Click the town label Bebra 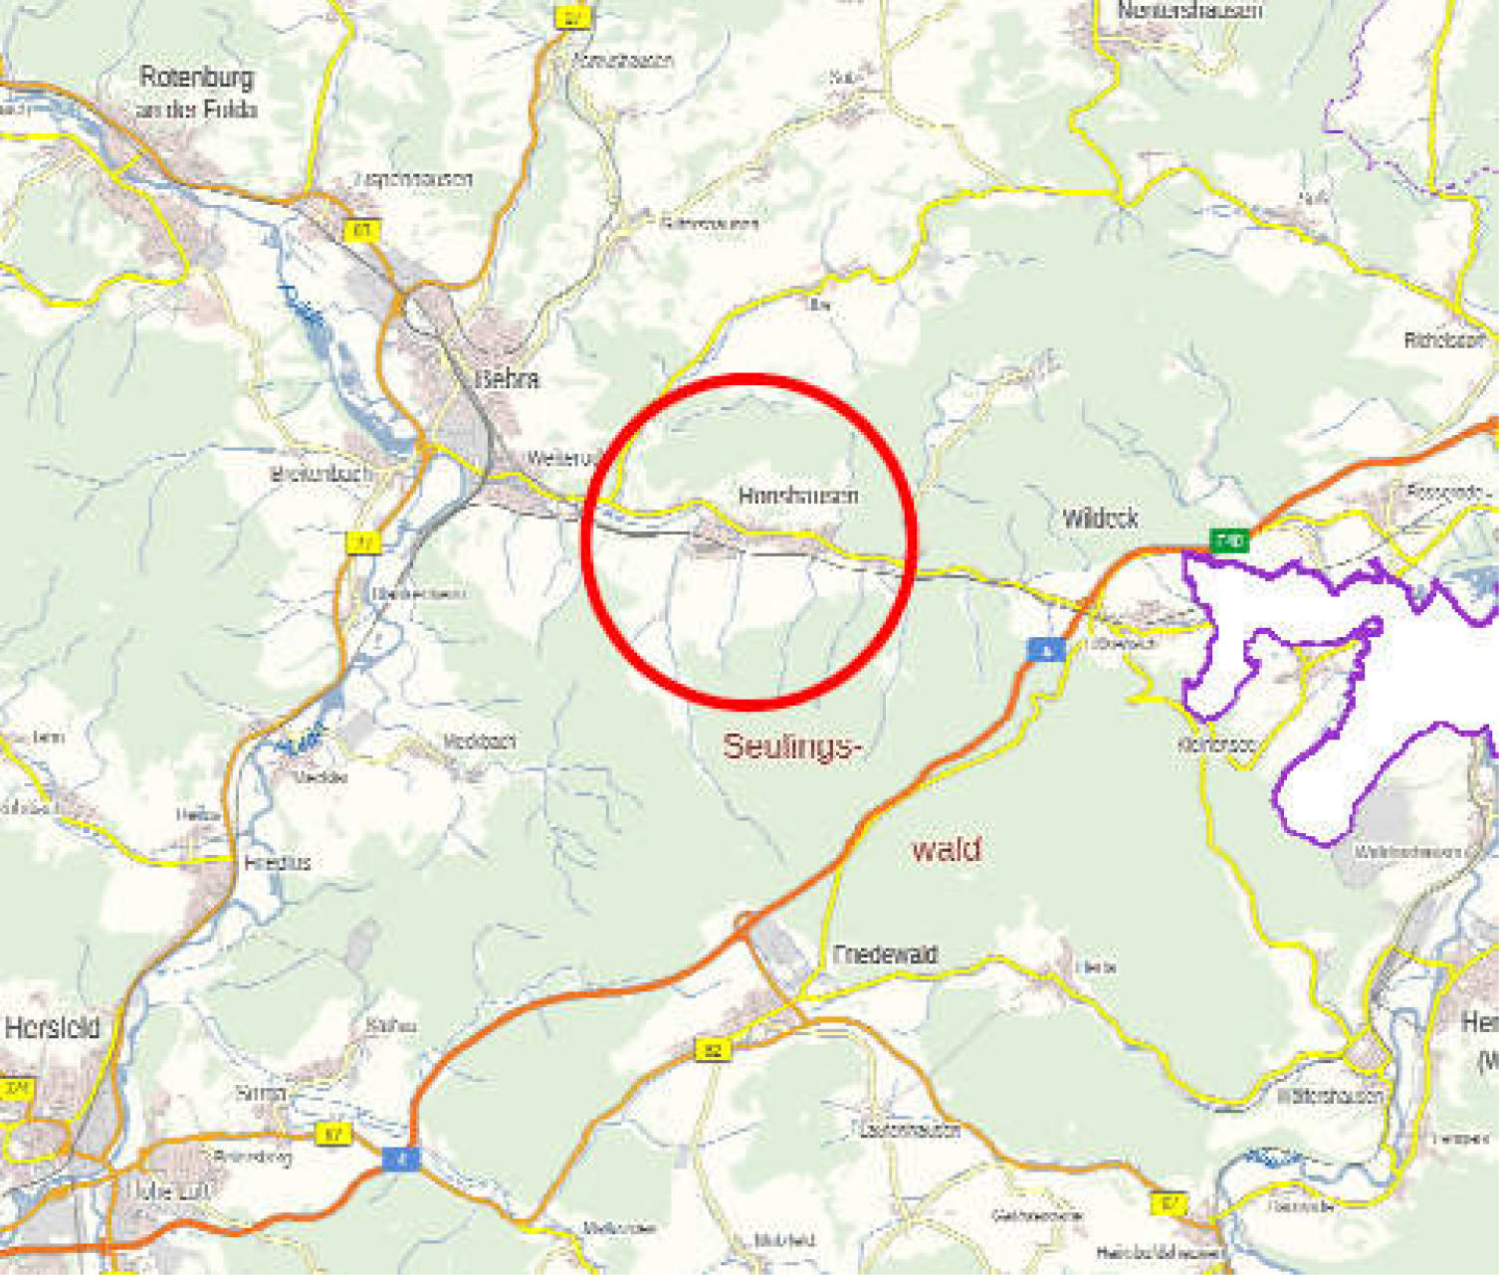click(x=508, y=378)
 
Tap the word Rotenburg click(x=196, y=78)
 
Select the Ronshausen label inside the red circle click(x=797, y=495)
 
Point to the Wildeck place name click(x=1100, y=518)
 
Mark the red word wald click(x=947, y=849)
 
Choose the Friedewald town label click(x=885, y=954)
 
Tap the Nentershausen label click(x=1189, y=11)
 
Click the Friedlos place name click(x=278, y=863)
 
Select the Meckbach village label click(x=480, y=742)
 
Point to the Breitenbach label click(x=321, y=475)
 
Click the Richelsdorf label click(x=1444, y=340)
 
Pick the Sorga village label click(x=261, y=1093)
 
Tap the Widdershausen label click(x=1330, y=1096)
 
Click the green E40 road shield click(x=1229, y=541)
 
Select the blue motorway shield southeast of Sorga click(x=402, y=1159)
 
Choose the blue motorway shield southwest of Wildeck click(x=1045, y=651)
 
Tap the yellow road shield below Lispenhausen click(x=362, y=231)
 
